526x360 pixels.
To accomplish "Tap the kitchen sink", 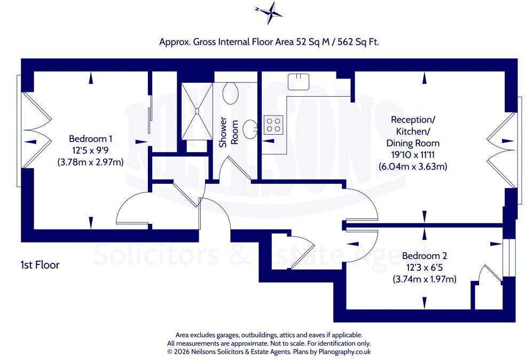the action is point(298,82).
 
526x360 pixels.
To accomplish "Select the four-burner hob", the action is point(273,125).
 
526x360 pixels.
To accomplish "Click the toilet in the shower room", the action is point(231,92).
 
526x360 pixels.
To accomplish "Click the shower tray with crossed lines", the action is point(197,111).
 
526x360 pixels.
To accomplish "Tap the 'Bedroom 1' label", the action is point(91,138).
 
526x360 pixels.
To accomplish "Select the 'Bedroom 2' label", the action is point(425,256).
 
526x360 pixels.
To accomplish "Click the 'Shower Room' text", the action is point(229,132).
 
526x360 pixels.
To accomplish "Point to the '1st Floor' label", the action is point(40,265).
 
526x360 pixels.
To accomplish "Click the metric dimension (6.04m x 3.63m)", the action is point(413,167).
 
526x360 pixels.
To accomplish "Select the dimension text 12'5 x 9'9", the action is point(91,150).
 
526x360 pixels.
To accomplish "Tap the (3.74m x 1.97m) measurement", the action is point(425,279).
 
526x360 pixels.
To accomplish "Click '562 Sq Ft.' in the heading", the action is point(358,42).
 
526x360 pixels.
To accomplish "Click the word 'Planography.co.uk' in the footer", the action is point(344,352).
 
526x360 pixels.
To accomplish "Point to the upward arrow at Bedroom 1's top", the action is point(91,79).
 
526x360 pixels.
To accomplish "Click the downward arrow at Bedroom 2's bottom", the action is point(425,303).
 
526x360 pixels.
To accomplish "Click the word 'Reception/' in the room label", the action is point(413,120).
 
